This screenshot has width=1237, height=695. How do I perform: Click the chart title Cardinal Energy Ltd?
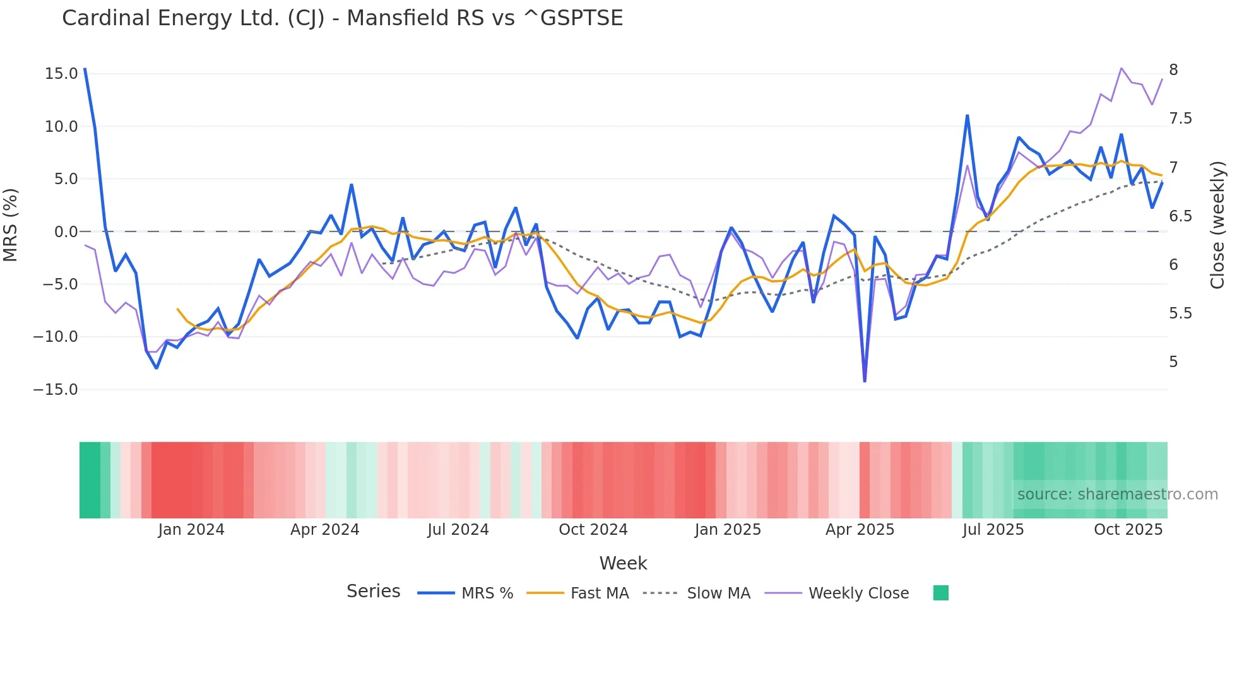[x=342, y=18]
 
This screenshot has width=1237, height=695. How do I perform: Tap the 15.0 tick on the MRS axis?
[x=61, y=74]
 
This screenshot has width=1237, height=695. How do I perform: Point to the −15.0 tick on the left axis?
[x=56, y=390]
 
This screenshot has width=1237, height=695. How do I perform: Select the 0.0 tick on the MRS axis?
[x=66, y=232]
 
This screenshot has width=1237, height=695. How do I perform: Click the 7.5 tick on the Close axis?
[x=1180, y=119]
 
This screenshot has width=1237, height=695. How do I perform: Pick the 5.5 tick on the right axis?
[x=1180, y=313]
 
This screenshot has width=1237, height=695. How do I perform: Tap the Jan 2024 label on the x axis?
[x=191, y=530]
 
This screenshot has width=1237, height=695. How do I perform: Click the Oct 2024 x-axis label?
[x=593, y=530]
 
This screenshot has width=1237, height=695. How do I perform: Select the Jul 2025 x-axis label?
[x=993, y=530]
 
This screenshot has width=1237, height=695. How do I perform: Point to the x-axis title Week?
[x=623, y=563]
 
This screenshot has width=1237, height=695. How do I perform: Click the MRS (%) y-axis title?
[x=11, y=225]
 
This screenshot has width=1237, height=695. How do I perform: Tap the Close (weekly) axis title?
[x=1217, y=225]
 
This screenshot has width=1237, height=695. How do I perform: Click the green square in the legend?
[x=940, y=593]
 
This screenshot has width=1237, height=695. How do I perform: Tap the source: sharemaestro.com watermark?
[x=1117, y=494]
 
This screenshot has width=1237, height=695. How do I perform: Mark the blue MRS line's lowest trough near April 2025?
[x=865, y=381]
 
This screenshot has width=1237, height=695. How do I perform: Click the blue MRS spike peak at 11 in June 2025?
[x=967, y=115]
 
